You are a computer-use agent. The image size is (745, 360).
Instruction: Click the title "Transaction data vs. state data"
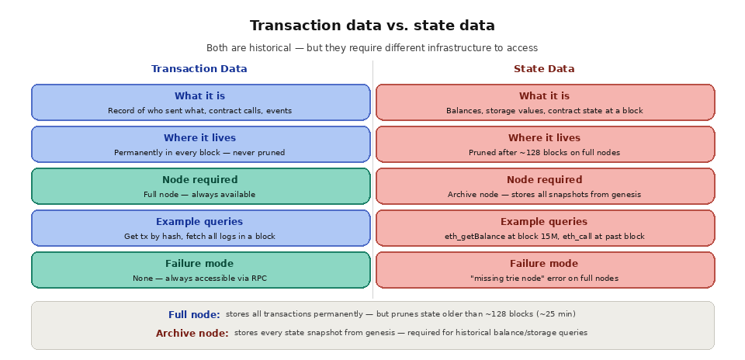point(372,26)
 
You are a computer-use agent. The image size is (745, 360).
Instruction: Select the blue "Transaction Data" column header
point(199,69)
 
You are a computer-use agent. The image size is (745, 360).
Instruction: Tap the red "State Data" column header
point(544,69)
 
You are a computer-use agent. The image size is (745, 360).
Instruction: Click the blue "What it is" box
point(200,102)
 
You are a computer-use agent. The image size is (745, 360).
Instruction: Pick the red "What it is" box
point(545,102)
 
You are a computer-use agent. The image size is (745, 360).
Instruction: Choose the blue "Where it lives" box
point(200,144)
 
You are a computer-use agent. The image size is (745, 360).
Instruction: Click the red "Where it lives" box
point(545,144)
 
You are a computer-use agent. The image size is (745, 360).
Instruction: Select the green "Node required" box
point(200,186)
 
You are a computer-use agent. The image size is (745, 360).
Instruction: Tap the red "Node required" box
point(545,186)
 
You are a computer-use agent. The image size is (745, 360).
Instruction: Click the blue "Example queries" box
point(200,228)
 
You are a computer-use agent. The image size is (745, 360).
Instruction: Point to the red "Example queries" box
point(545,228)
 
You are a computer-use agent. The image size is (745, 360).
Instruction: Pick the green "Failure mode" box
point(200,270)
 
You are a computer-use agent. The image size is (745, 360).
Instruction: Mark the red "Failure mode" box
point(545,270)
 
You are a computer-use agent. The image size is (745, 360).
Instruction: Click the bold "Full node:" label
point(194,315)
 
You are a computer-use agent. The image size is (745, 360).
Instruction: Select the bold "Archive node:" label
point(192,334)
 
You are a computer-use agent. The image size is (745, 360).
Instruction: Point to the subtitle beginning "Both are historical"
point(372,48)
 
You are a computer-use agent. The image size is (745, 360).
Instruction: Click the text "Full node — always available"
point(199,195)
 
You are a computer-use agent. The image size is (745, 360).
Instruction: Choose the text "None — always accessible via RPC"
point(199,279)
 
